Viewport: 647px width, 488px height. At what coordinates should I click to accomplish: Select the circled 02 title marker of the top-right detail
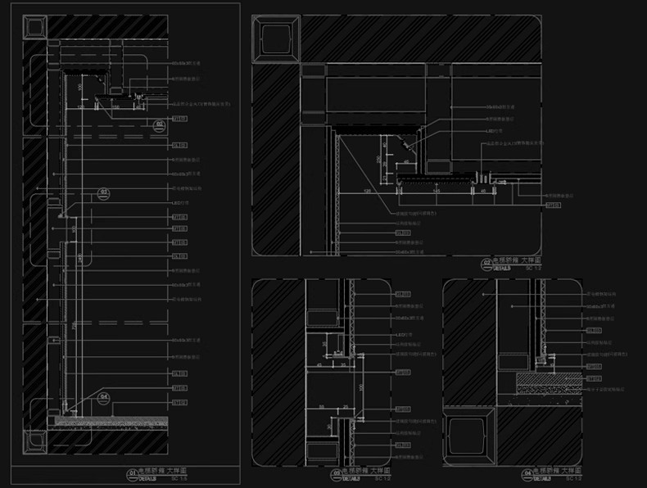pyautogui.click(x=486, y=263)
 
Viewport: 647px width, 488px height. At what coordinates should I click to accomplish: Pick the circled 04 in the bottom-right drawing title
pyautogui.click(x=526, y=473)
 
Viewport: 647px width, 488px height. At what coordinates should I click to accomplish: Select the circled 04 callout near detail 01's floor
pyautogui.click(x=104, y=398)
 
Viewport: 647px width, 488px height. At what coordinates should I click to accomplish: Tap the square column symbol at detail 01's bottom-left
pyautogui.click(x=34, y=442)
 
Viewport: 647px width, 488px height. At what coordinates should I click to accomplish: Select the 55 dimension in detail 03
pyautogui.click(x=322, y=407)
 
